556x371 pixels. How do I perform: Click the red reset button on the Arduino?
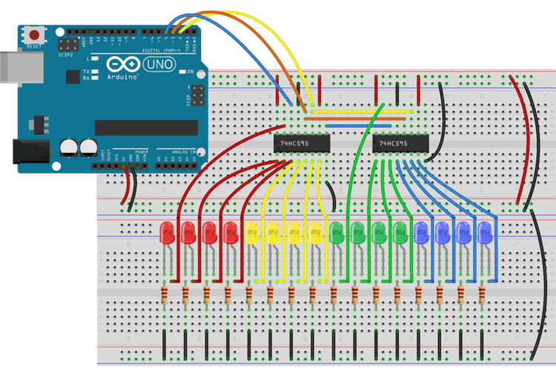(x=33, y=34)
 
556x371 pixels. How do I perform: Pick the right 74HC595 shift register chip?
(x=401, y=143)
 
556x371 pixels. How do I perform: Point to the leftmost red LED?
(x=168, y=232)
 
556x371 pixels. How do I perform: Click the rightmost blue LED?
(x=486, y=232)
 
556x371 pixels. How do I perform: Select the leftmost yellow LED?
(x=253, y=232)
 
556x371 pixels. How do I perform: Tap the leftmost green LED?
(x=337, y=232)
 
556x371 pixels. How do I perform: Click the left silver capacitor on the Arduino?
(x=71, y=145)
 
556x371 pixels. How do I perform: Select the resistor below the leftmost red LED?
(x=164, y=296)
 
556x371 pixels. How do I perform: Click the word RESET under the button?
(x=33, y=45)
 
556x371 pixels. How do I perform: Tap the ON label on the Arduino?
(x=191, y=72)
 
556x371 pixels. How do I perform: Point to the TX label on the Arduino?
(x=87, y=69)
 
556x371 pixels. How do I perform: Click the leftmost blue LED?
(x=422, y=232)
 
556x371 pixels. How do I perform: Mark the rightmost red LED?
(x=231, y=232)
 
